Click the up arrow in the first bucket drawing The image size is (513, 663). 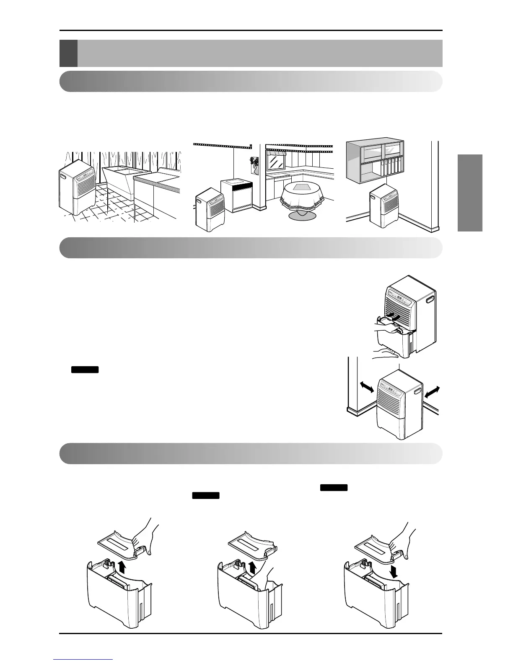tap(122, 567)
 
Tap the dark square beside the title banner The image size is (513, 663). tap(68, 53)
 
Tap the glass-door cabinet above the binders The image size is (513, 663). tap(375, 152)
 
